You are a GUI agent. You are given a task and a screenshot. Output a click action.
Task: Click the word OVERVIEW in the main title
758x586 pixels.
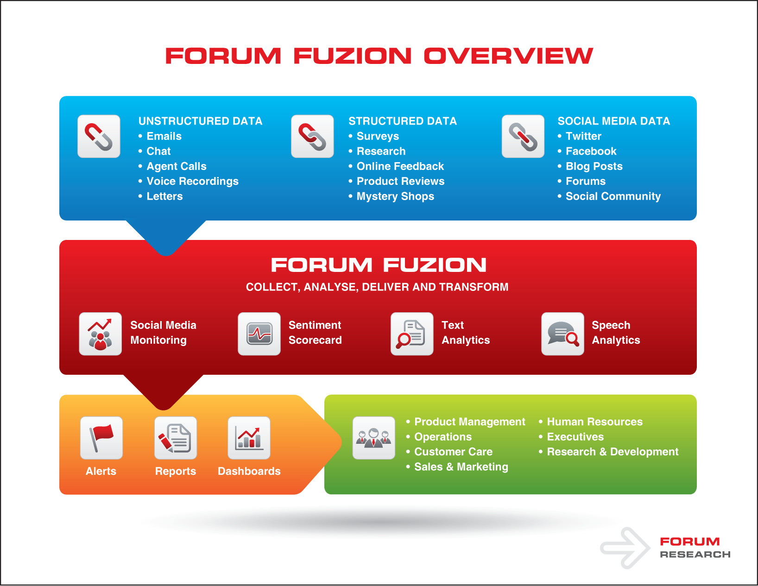(x=508, y=56)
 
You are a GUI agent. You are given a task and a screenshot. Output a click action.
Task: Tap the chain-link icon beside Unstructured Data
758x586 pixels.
(x=99, y=136)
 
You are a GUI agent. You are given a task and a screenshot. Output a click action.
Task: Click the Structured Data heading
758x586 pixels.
(x=403, y=121)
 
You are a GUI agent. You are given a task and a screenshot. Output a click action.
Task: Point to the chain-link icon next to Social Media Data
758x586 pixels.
(x=523, y=136)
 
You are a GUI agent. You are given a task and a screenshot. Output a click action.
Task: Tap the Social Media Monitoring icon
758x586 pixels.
(x=101, y=334)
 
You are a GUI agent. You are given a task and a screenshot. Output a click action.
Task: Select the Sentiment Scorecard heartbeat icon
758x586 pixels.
(x=259, y=334)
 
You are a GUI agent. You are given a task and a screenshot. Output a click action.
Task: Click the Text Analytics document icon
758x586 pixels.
(x=412, y=334)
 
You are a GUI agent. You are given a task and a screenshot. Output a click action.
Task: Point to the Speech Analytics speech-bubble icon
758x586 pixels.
(x=562, y=334)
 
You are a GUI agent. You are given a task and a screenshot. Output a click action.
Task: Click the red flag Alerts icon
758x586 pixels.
(x=101, y=438)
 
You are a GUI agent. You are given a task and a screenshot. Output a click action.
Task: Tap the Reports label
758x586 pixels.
(x=176, y=471)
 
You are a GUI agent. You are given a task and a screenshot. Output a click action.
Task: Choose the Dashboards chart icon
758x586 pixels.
(x=249, y=438)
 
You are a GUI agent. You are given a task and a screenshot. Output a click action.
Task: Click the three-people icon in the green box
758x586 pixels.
(x=374, y=438)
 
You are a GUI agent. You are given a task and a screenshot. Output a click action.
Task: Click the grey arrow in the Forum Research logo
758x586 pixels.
(x=625, y=548)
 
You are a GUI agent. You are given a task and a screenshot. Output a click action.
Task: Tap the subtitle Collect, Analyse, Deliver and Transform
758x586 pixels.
(x=377, y=287)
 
